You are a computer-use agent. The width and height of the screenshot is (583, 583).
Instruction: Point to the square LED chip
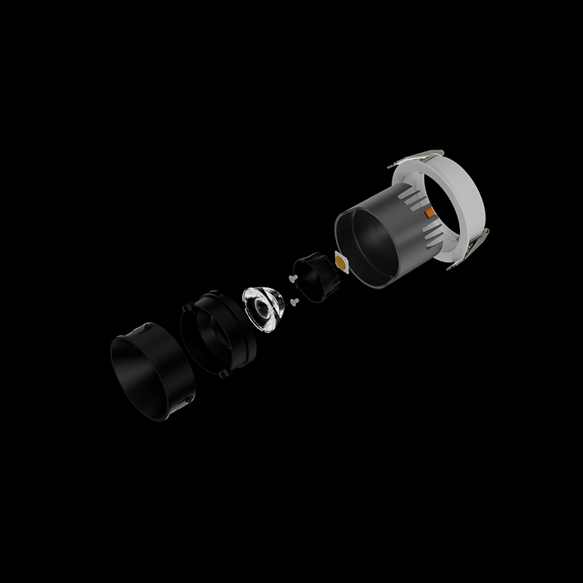click(x=340, y=260)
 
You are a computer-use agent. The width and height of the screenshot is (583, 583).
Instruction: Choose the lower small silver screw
click(x=294, y=299)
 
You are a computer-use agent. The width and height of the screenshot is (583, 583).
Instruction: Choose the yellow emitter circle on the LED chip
click(x=340, y=260)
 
